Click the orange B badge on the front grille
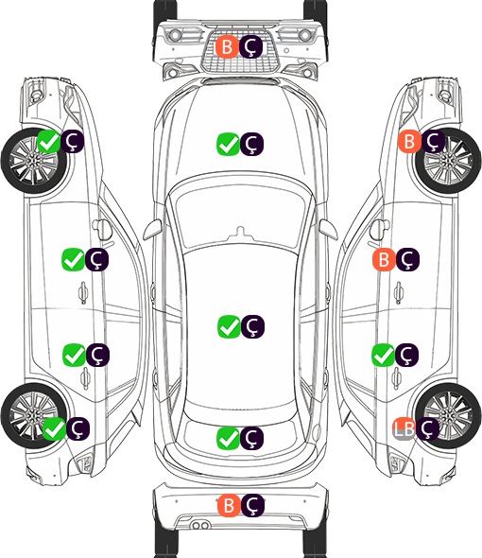(227, 46)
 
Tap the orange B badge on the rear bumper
(229, 505)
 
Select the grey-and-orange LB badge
(404, 428)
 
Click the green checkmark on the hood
(228, 144)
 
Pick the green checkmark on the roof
(229, 326)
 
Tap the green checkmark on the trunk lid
(228, 437)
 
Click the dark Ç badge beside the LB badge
(427, 428)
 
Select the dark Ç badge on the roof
(252, 326)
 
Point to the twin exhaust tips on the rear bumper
(200, 525)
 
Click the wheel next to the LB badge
(448, 415)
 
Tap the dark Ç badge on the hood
(251, 144)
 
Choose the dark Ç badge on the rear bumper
(252, 505)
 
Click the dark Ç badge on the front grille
(250, 46)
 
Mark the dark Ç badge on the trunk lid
(251, 437)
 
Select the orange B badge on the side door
(384, 259)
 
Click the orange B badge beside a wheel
(409, 141)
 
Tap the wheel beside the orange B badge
(448, 161)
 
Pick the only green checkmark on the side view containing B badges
(383, 355)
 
